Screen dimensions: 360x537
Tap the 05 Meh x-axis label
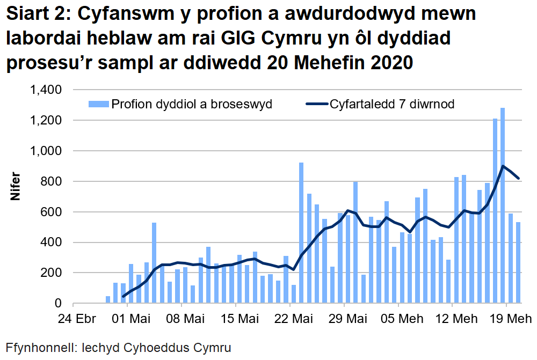tap(398, 319)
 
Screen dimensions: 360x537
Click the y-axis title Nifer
tap(16, 187)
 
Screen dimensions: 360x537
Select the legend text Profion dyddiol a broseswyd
tap(191, 104)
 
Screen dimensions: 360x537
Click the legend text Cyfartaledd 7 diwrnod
tap(392, 104)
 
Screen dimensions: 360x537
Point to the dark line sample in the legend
tap(316, 104)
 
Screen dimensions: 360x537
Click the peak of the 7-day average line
tap(503, 166)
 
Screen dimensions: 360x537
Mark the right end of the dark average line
tap(519, 179)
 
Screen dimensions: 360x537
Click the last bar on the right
tap(519, 263)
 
